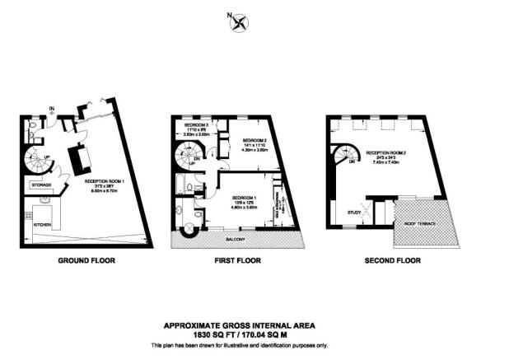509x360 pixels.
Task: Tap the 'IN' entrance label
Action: point(52,107)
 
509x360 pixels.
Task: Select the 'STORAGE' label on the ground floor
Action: point(43,185)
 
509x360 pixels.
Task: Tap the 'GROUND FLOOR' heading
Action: point(86,260)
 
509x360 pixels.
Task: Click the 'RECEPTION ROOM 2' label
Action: point(387,153)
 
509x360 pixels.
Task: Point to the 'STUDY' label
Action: point(355,213)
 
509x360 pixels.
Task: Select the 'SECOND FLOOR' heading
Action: point(392,260)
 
